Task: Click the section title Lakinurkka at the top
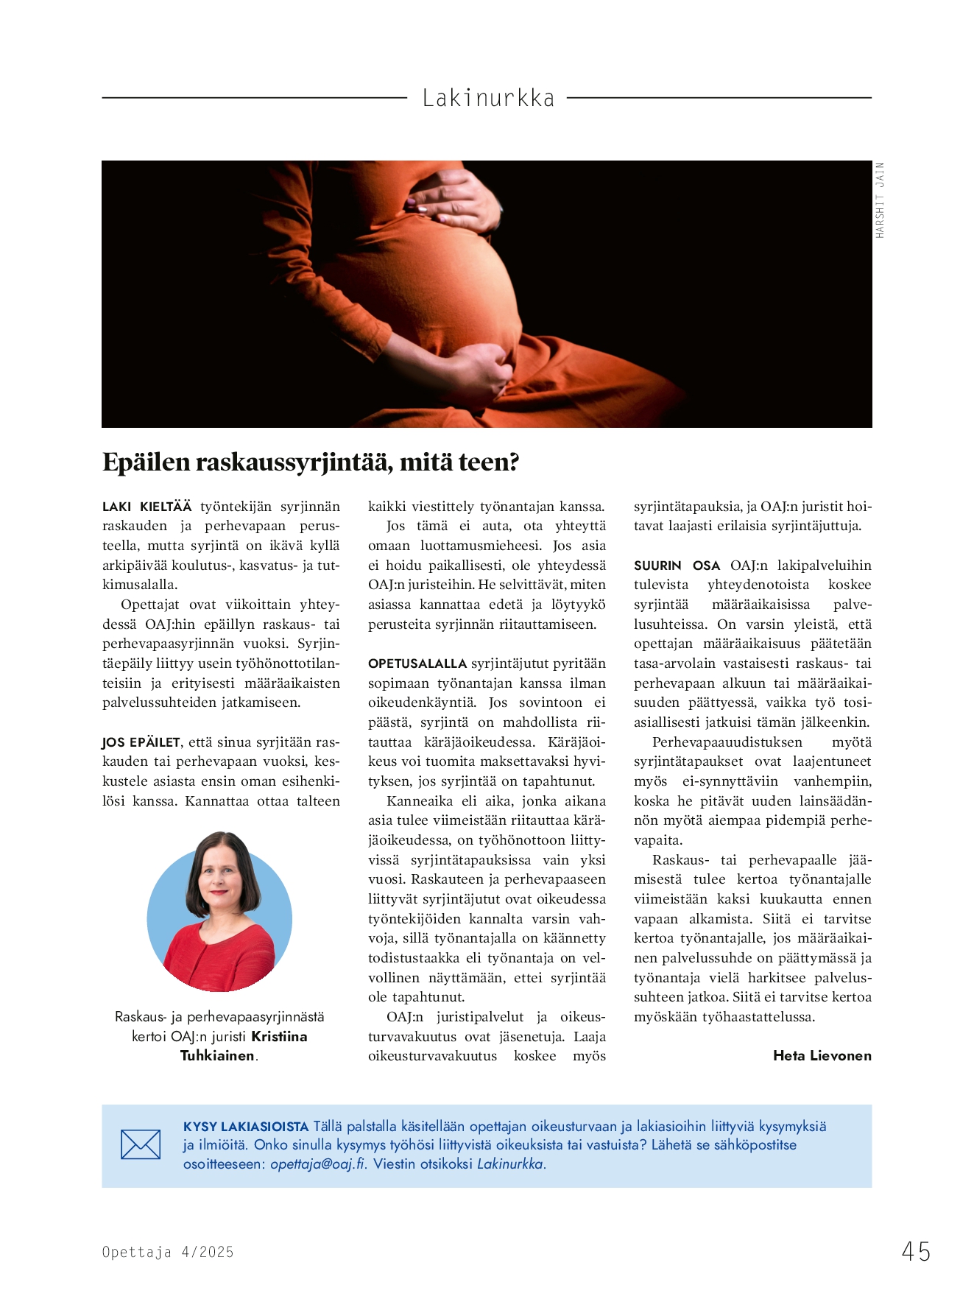click(488, 98)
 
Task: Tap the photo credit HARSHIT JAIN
click(880, 200)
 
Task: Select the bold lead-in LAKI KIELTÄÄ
click(147, 507)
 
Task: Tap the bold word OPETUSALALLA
click(417, 663)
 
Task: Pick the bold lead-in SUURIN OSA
click(677, 566)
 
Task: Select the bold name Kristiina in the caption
click(279, 1036)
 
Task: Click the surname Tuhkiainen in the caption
click(217, 1055)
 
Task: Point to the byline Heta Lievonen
click(822, 1055)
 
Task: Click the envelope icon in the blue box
click(141, 1144)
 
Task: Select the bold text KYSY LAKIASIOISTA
click(246, 1126)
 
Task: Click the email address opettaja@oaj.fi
click(318, 1164)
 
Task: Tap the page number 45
click(916, 1251)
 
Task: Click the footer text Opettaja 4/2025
click(168, 1252)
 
